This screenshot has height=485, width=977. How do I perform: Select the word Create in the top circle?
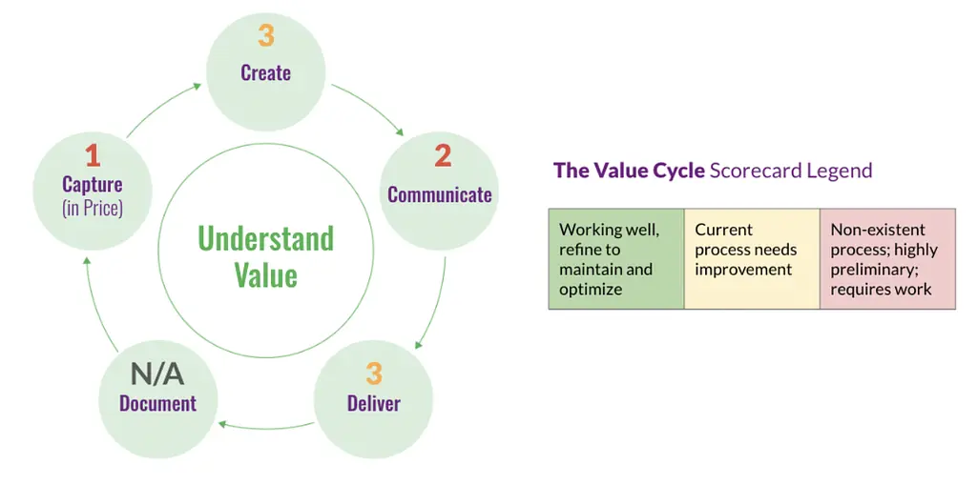(x=266, y=72)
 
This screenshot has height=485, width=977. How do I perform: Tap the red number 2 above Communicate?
(x=442, y=155)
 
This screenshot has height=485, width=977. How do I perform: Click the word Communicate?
(x=439, y=194)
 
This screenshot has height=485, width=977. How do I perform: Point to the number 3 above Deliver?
(x=374, y=373)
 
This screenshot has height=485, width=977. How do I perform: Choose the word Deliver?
(x=374, y=403)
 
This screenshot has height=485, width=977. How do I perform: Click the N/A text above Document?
(x=157, y=374)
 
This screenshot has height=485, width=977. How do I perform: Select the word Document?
(x=157, y=403)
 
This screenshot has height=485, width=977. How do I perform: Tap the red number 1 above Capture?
(x=93, y=154)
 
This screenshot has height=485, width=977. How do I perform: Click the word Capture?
(x=93, y=185)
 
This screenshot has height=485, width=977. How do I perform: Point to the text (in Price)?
(x=93, y=208)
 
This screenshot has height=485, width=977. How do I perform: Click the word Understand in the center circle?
(x=266, y=238)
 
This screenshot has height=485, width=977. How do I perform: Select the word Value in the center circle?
(x=266, y=275)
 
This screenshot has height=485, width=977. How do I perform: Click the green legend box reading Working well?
(x=616, y=258)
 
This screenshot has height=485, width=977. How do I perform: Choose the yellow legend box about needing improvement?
(x=752, y=258)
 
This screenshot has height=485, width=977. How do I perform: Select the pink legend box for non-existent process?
(x=887, y=258)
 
